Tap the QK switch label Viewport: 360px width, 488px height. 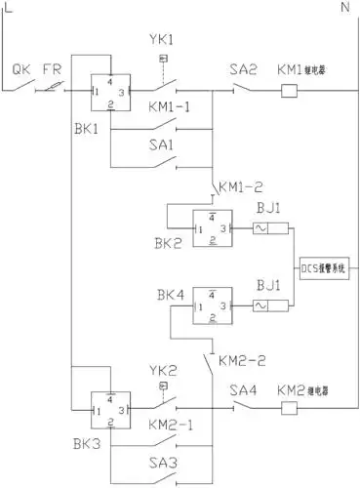pyautogui.click(x=20, y=71)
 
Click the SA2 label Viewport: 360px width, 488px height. pyautogui.click(x=242, y=71)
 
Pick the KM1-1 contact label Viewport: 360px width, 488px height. pyautogui.click(x=171, y=104)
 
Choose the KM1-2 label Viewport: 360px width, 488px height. pyautogui.click(x=240, y=185)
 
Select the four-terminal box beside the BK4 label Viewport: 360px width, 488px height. pyautogui.click(x=213, y=305)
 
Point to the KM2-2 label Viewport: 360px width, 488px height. pyautogui.click(x=238, y=345)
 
